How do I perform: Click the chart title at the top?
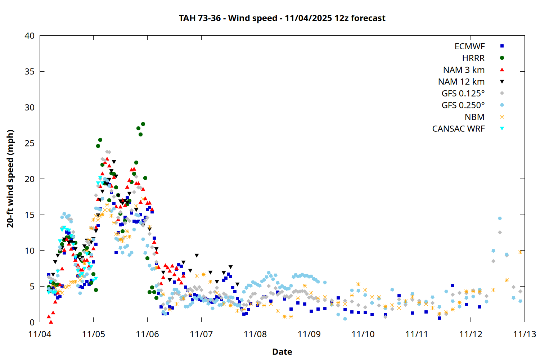282,18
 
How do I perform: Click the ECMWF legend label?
469,46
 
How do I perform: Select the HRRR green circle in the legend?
502,58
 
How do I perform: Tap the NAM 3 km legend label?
464,70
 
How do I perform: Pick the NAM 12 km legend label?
461,82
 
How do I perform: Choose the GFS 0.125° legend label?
463,94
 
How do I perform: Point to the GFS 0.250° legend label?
463,105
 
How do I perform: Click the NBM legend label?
474,117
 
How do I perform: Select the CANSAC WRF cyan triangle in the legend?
502,129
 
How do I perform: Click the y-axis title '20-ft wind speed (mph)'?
10,179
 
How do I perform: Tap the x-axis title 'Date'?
282,352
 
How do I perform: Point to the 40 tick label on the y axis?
30,36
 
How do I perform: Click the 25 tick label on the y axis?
30,143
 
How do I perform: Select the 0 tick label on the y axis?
32,322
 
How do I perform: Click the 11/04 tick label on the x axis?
40,334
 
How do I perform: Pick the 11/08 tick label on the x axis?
255,334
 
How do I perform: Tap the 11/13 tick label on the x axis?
525,334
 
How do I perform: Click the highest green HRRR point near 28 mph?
143,124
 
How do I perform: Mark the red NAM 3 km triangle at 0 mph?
51,322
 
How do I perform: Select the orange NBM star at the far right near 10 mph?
520,252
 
